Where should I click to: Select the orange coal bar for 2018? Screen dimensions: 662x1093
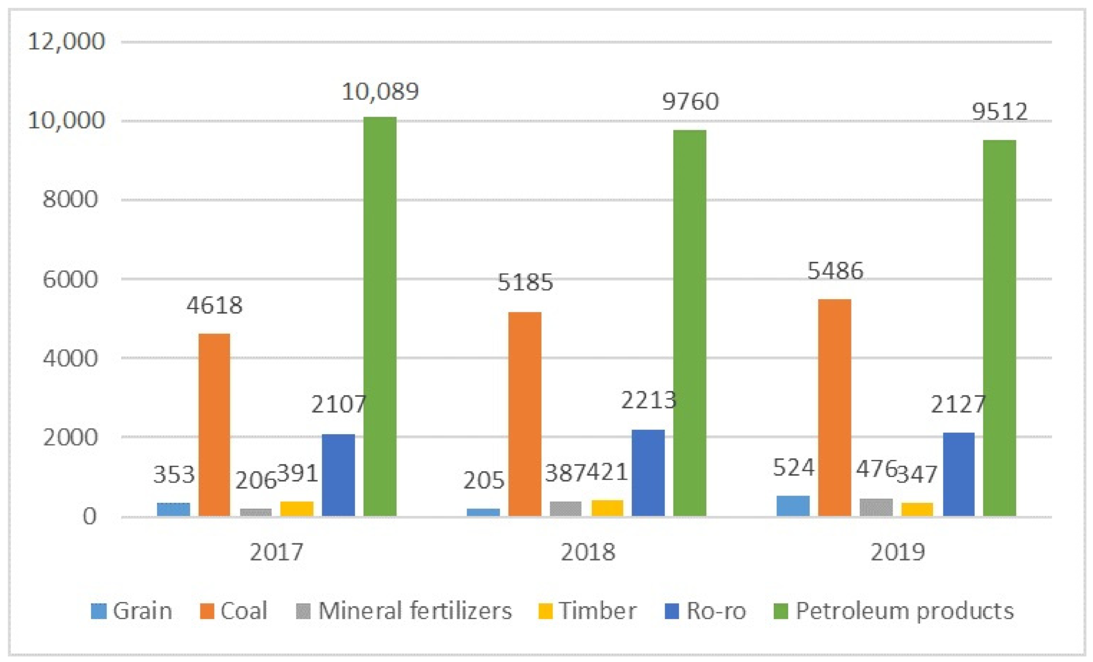[524, 413]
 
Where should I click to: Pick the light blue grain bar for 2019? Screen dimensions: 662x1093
[793, 506]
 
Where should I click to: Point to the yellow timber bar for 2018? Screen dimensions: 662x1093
[607, 508]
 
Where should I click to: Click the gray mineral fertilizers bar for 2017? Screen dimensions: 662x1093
[256, 512]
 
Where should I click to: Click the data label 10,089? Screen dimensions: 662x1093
[380, 92]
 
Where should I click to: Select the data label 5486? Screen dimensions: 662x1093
[835, 271]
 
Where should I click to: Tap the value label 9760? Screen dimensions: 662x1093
[690, 101]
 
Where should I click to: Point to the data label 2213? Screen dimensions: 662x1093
[648, 400]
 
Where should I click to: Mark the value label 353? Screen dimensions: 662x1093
[174, 475]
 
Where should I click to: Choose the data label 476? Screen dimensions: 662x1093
[876, 469]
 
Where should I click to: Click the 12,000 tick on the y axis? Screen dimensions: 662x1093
[66, 41]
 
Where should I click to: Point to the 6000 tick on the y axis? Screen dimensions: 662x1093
[70, 279]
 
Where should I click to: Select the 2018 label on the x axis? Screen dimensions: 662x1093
[588, 552]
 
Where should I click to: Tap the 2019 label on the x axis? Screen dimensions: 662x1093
[897, 552]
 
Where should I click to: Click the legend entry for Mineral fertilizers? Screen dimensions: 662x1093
[404, 611]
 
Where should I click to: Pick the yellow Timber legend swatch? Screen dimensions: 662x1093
[545, 611]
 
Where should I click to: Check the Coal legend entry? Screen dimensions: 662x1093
[234, 611]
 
